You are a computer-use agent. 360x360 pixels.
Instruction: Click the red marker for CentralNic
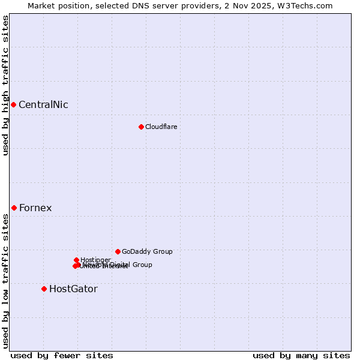click(x=13, y=105)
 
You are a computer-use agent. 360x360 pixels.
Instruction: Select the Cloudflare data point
click(x=141, y=127)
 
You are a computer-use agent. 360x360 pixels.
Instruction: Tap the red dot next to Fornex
click(x=14, y=208)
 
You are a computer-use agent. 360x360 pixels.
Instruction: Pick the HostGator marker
click(x=44, y=289)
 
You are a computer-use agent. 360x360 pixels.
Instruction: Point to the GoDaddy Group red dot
click(x=118, y=251)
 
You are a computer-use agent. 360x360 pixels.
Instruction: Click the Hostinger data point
click(x=76, y=260)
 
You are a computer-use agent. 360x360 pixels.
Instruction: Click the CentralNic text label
click(x=43, y=105)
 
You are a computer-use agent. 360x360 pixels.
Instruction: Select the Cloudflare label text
click(x=161, y=127)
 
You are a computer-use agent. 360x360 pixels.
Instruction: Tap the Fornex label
click(x=35, y=208)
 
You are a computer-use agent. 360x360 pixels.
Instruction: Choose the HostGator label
click(x=73, y=289)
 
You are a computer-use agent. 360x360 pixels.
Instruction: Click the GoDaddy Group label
click(x=147, y=252)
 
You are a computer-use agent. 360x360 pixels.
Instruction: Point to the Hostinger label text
click(x=95, y=260)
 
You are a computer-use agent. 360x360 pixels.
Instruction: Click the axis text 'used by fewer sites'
click(x=62, y=355)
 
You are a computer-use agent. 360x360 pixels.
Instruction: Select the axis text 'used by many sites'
click(x=301, y=355)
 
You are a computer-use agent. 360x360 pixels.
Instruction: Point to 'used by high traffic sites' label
click(x=5, y=85)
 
